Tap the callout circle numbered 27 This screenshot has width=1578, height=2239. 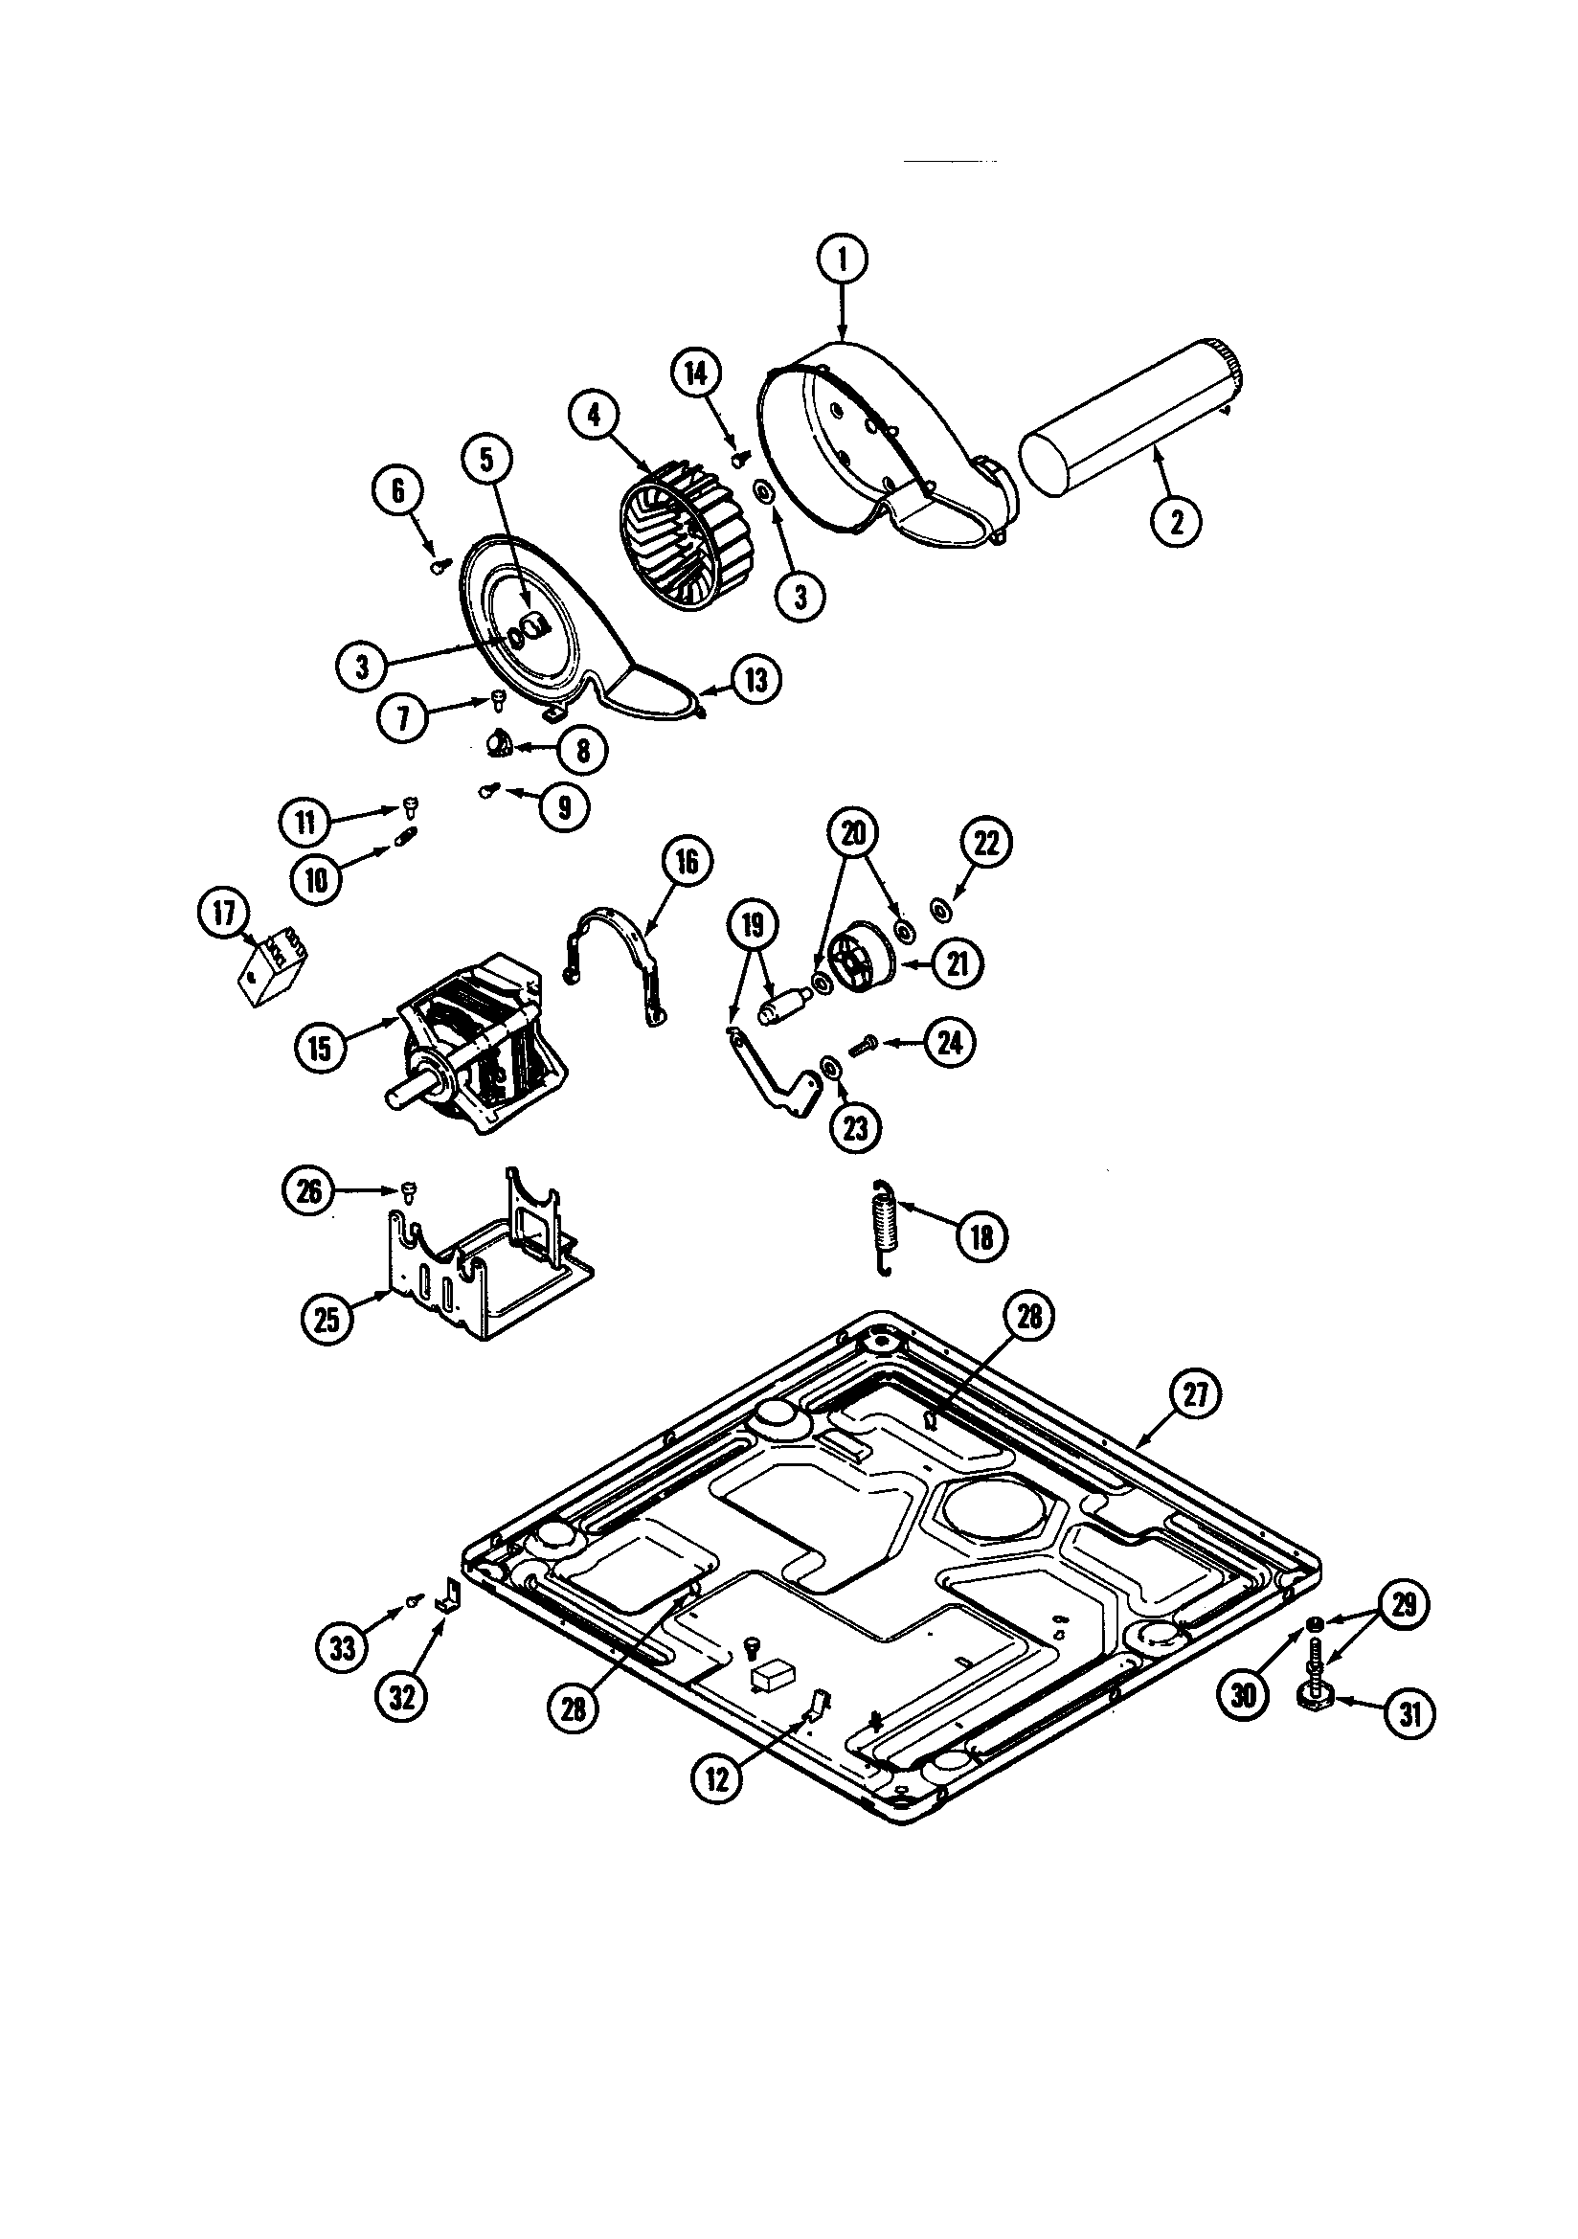[x=1196, y=1395]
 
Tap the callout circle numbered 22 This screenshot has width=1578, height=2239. [x=987, y=844]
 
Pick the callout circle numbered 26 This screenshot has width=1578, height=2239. [x=308, y=1192]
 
